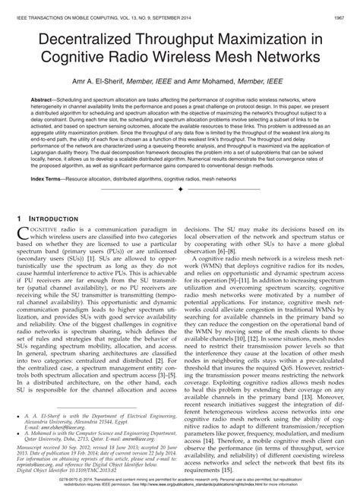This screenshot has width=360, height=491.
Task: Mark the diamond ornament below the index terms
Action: coord(180,190)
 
